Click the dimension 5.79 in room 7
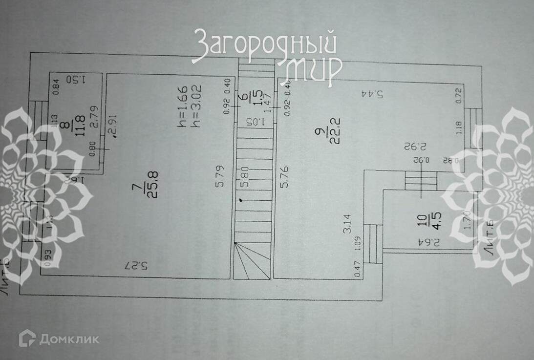click(220, 178)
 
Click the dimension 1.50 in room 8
click(75, 79)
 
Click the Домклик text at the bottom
click(68, 338)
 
